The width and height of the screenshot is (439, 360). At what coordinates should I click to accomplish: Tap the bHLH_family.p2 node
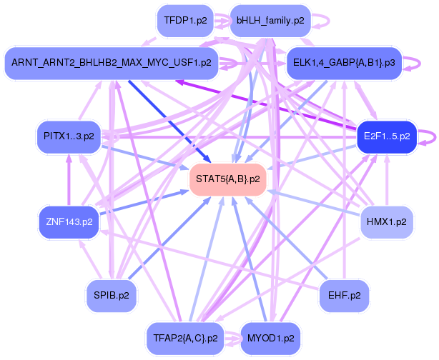pos(270,21)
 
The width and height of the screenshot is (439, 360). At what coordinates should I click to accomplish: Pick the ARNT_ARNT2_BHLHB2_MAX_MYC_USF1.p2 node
pos(111,63)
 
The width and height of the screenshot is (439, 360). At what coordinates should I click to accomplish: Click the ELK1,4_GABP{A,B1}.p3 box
pos(343,63)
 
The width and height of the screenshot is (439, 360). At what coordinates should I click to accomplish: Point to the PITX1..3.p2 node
pos(69,136)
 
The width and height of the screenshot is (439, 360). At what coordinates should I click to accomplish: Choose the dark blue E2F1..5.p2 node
pos(386,136)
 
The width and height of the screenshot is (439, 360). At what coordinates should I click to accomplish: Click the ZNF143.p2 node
pos(69,221)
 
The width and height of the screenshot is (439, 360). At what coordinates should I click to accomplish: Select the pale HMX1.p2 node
pos(386,221)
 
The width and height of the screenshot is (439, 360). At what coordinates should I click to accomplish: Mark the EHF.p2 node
pos(344,294)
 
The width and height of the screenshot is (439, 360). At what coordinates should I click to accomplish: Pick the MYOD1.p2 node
pos(270,336)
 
